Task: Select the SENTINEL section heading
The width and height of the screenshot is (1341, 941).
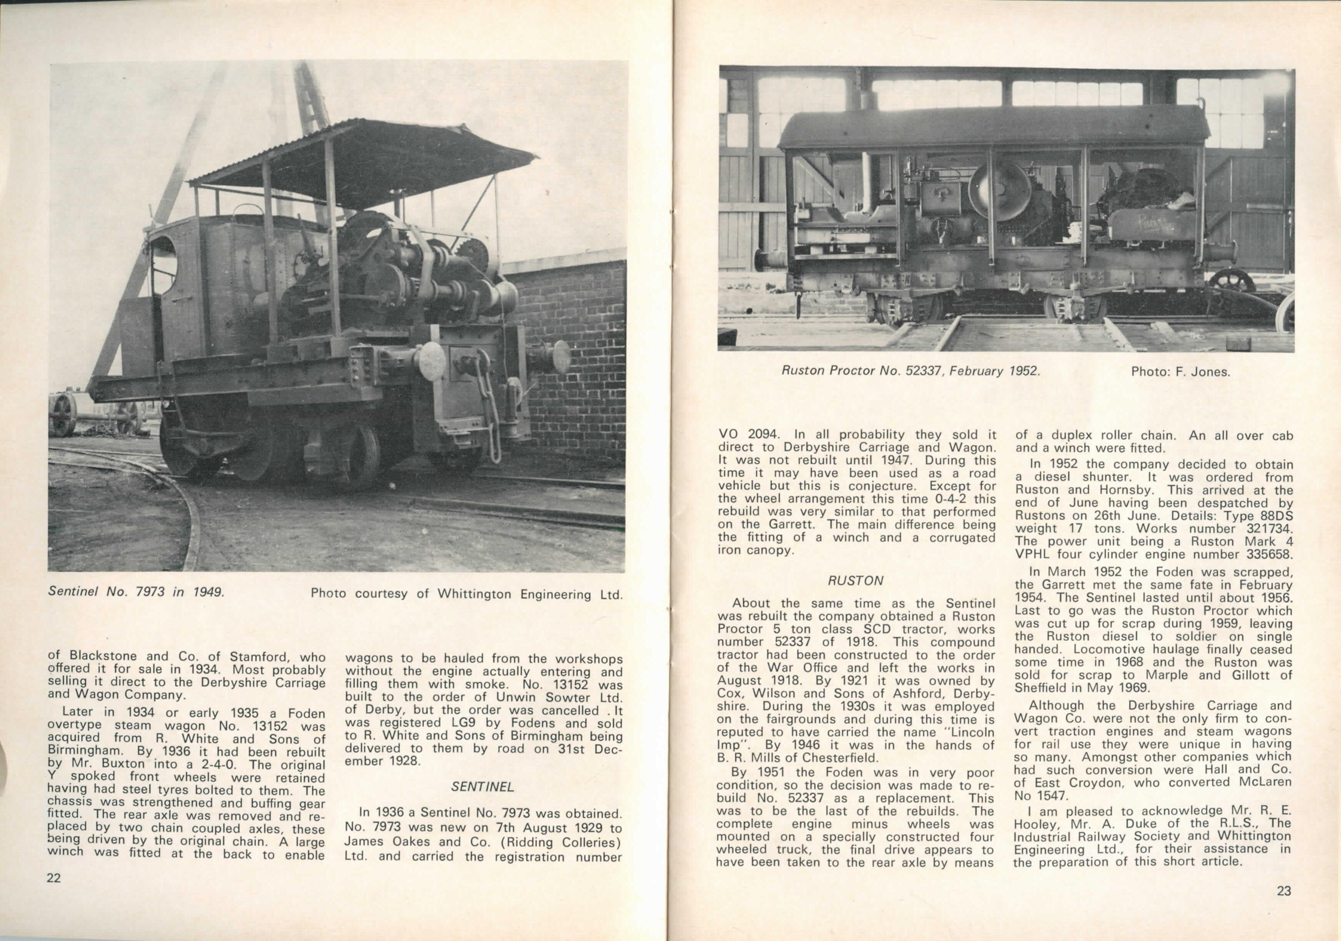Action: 482,787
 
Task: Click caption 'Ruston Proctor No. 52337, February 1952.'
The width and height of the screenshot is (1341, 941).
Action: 911,371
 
